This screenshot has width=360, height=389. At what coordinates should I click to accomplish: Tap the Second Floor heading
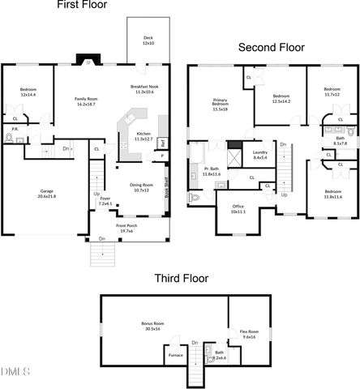(x=271, y=47)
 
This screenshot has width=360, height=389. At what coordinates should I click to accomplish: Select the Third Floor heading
(x=181, y=278)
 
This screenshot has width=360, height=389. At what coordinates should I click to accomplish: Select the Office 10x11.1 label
(x=238, y=209)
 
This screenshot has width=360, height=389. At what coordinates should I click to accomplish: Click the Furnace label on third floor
(x=174, y=355)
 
